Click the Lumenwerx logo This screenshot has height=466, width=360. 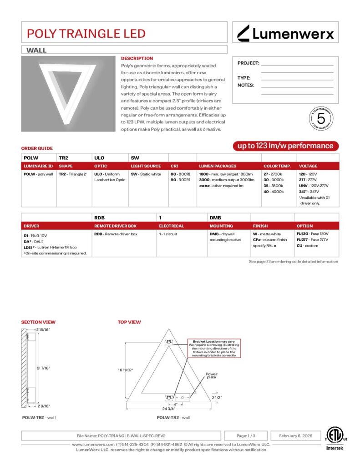(x=286, y=33)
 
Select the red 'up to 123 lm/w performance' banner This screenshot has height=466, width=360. (x=286, y=146)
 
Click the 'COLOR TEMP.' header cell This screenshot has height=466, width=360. (x=277, y=166)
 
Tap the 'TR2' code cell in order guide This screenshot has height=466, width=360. (x=64, y=157)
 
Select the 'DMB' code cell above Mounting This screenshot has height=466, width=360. (x=215, y=218)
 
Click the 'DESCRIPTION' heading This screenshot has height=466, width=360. (x=137, y=58)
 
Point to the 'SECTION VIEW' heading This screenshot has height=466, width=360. (x=38, y=322)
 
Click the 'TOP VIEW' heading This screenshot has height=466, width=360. (x=129, y=322)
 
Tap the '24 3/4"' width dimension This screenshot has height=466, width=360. (x=169, y=409)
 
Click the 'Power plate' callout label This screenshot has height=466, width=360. (x=212, y=375)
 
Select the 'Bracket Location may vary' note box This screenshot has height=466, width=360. (x=213, y=349)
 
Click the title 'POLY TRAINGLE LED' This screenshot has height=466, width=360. (x=86, y=33)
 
